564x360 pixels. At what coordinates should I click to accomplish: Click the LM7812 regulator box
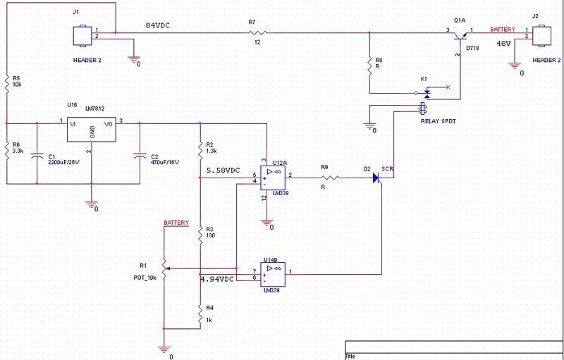coord(92,130)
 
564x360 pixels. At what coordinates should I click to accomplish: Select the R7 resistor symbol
coord(257,32)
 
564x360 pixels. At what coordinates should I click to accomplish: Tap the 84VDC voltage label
coord(157,25)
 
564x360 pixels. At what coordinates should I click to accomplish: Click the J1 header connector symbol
coord(82,35)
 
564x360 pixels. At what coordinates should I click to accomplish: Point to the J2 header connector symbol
coord(541,35)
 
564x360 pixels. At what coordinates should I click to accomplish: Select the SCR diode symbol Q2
coord(376,178)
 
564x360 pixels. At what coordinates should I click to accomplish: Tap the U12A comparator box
coord(273,178)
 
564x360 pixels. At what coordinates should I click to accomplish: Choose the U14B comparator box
coord(273,274)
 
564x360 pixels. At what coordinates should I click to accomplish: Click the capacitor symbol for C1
coord(37,156)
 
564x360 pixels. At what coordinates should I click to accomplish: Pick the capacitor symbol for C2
coord(140,156)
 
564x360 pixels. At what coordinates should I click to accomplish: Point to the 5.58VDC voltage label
coord(223,170)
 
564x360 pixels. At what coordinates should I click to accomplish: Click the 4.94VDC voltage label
coord(217,279)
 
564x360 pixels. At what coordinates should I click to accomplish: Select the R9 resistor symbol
coord(330,178)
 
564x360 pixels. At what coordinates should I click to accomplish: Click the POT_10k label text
coord(145,278)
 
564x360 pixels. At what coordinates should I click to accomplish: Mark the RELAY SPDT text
coord(438,121)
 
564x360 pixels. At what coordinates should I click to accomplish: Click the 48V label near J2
coord(503,44)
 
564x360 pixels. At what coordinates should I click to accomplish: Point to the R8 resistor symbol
coord(369,65)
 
